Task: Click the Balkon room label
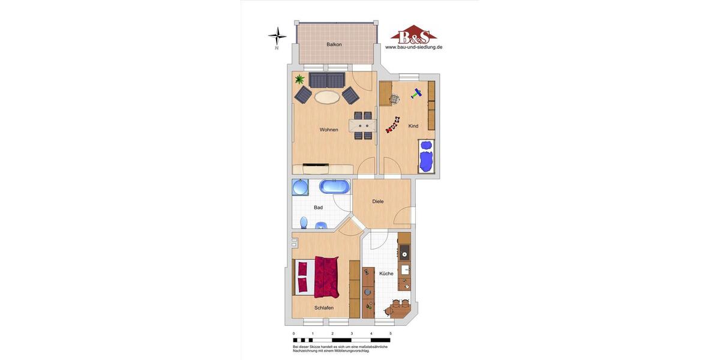[x=334, y=44]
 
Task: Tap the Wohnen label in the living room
[x=329, y=130]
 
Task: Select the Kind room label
[x=413, y=126]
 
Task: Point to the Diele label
[x=378, y=202]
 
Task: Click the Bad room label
[x=318, y=208]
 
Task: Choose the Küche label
[x=386, y=274]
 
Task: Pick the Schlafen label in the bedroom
[x=324, y=308]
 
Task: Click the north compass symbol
[x=277, y=37]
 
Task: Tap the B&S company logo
[x=414, y=35]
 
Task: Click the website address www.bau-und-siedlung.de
[x=414, y=47]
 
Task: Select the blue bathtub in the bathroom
[x=334, y=187]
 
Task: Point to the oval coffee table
[x=327, y=97]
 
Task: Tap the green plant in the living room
[x=299, y=79]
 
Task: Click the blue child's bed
[x=426, y=157]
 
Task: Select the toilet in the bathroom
[x=304, y=223]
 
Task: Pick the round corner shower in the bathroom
[x=299, y=188]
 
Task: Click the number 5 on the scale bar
[x=391, y=334]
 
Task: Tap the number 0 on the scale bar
[x=293, y=334]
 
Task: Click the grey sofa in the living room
[x=327, y=80]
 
